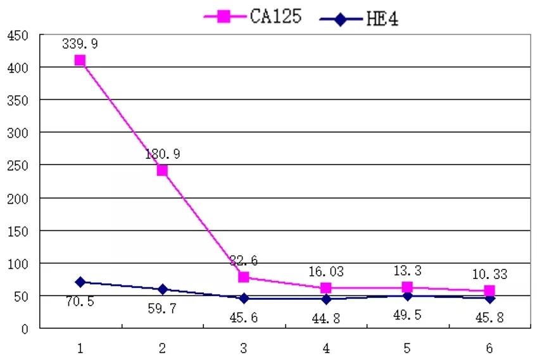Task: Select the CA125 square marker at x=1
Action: [80, 61]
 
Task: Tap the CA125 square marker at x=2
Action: [162, 170]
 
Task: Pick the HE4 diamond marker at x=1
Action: [80, 282]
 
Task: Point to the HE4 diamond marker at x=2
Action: [162, 289]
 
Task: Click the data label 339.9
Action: [80, 44]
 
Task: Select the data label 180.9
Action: [162, 154]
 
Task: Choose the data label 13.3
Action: [407, 271]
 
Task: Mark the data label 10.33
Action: [489, 275]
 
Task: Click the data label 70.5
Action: [80, 301]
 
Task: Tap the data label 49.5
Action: [407, 314]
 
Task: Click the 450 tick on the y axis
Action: [17, 35]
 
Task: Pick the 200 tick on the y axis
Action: [17, 198]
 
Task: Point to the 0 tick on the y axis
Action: [25, 329]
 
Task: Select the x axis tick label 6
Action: [489, 348]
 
